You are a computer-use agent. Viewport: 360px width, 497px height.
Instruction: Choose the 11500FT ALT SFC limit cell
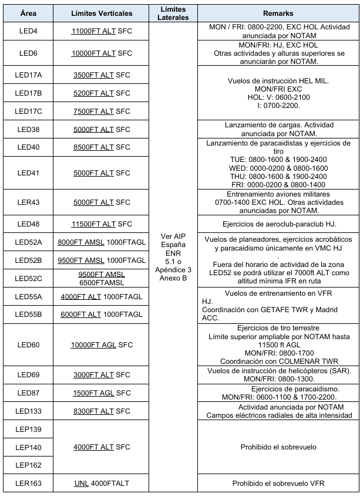(102, 224)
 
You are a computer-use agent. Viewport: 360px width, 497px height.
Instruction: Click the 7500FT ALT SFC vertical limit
(102, 109)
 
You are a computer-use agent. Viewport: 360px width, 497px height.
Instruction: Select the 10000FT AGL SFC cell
(102, 345)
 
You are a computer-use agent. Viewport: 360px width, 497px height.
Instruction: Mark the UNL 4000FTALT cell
(102, 484)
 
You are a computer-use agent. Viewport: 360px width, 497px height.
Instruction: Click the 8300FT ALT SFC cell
(102, 411)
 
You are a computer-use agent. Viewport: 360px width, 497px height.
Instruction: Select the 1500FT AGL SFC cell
(102, 393)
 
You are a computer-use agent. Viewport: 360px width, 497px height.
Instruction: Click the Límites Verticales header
(102, 13)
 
